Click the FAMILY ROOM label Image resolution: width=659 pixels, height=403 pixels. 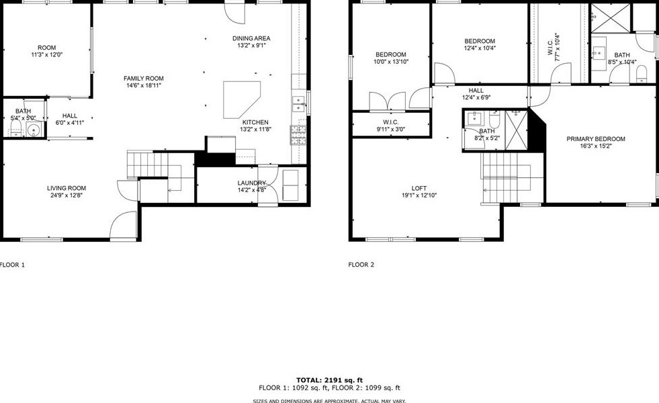pos(143,78)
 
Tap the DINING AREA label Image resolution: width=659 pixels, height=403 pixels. pos(251,38)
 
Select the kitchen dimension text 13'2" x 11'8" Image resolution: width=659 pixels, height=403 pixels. pos(255,130)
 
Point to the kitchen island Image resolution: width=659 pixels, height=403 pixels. pos(241,97)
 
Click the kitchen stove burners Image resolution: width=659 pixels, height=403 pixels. pos(298,134)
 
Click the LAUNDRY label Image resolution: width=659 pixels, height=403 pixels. pos(251,183)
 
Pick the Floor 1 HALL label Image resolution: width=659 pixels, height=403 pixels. pos(69,116)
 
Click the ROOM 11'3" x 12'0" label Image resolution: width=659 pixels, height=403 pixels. pos(46,48)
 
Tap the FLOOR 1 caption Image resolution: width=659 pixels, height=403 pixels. pos(12,265)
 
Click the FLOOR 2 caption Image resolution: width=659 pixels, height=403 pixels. pos(361,265)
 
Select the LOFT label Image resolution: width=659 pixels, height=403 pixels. pos(419,188)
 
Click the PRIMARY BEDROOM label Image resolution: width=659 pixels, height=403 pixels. pos(595,139)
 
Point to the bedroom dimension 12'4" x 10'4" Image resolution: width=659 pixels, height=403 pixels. pos(480,48)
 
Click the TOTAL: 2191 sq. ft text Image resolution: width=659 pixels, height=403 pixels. pos(329,380)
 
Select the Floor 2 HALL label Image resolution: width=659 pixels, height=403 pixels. pos(476,90)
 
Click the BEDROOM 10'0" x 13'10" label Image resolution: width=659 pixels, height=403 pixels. pos(390,54)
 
